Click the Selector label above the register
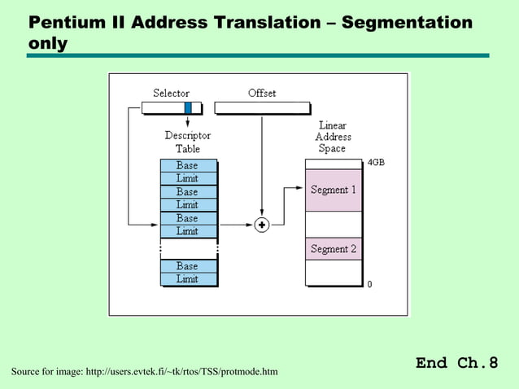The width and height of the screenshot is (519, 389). click(171, 93)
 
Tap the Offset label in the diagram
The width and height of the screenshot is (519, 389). click(262, 93)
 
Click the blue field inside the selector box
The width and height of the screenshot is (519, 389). click(188, 107)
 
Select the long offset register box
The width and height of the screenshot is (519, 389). click(262, 107)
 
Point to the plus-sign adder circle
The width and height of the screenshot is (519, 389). click(262, 225)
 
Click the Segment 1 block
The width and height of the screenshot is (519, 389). click(334, 190)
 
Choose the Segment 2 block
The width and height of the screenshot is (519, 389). click(334, 248)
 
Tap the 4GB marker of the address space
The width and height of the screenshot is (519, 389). click(376, 163)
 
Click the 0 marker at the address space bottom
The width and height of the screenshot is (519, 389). click(369, 284)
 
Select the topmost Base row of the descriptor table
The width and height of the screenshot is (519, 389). click(188, 165)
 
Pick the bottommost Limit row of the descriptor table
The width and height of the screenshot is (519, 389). click(188, 279)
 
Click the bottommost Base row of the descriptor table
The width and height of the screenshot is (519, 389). click(188, 266)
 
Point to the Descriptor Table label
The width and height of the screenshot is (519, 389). click(188, 142)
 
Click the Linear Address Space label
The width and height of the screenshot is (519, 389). click(332, 137)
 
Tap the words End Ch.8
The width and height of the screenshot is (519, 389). click(456, 363)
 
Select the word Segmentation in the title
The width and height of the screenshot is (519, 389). click(407, 22)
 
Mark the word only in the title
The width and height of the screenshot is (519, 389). click(47, 42)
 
